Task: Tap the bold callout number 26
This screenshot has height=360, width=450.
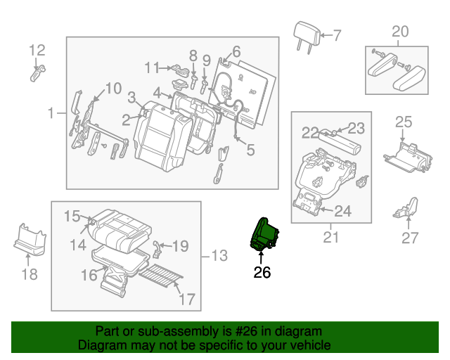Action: tap(262, 272)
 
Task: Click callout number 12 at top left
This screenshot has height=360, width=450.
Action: tap(37, 49)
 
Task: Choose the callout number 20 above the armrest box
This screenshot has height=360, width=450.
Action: tap(399, 31)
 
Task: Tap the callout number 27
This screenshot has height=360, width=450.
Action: tap(410, 238)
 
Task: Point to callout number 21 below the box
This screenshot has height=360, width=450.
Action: tap(330, 238)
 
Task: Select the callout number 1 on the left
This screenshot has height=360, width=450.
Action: tap(51, 113)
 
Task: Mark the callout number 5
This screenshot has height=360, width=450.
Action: tap(251, 149)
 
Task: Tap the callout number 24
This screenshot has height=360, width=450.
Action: tap(342, 210)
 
